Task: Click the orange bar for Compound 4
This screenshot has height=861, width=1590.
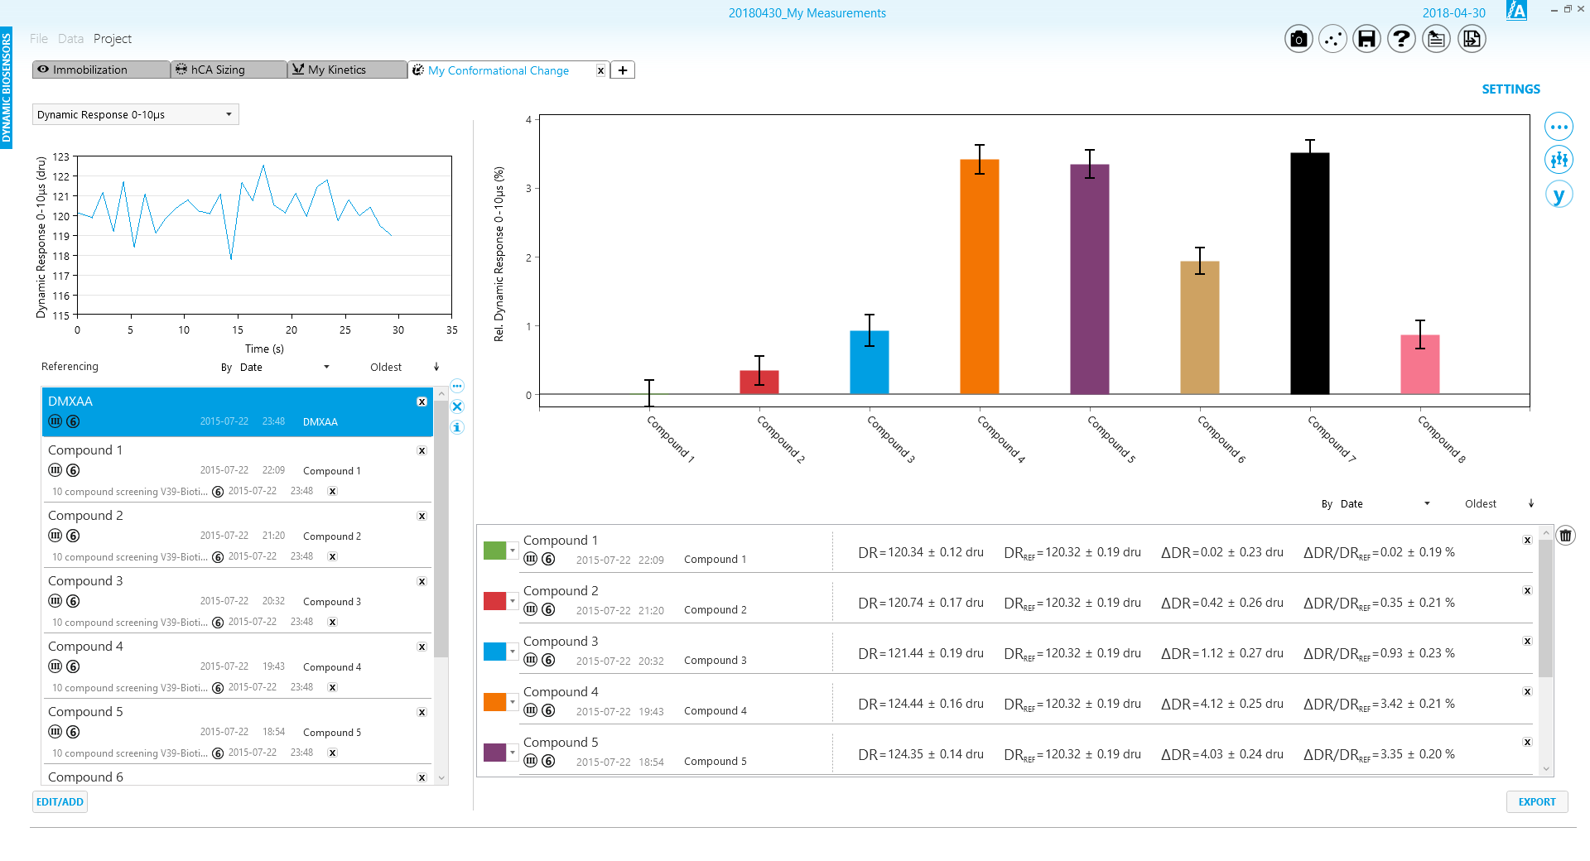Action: tap(980, 277)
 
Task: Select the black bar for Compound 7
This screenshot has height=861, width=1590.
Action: tap(1310, 273)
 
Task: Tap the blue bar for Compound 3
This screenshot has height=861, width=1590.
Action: tap(870, 363)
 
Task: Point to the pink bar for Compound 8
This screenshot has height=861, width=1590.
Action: tap(1420, 364)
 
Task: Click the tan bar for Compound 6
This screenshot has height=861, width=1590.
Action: tap(1200, 328)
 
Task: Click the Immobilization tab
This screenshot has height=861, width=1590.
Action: tap(101, 70)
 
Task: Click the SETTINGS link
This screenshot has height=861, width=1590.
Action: tap(1510, 89)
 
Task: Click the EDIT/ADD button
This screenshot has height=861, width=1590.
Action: tap(60, 801)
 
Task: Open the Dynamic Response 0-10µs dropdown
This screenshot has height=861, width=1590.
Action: tap(136, 114)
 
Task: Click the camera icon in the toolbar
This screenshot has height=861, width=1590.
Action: tap(1298, 39)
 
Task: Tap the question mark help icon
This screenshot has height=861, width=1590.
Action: tap(1401, 39)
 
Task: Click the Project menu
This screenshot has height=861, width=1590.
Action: tap(113, 39)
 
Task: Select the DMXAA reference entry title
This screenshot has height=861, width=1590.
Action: tap(70, 402)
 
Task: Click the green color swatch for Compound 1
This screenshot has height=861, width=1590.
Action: tap(494, 551)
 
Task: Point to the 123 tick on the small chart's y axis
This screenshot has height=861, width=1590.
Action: tap(61, 156)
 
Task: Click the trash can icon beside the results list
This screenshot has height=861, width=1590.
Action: tap(1565, 536)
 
